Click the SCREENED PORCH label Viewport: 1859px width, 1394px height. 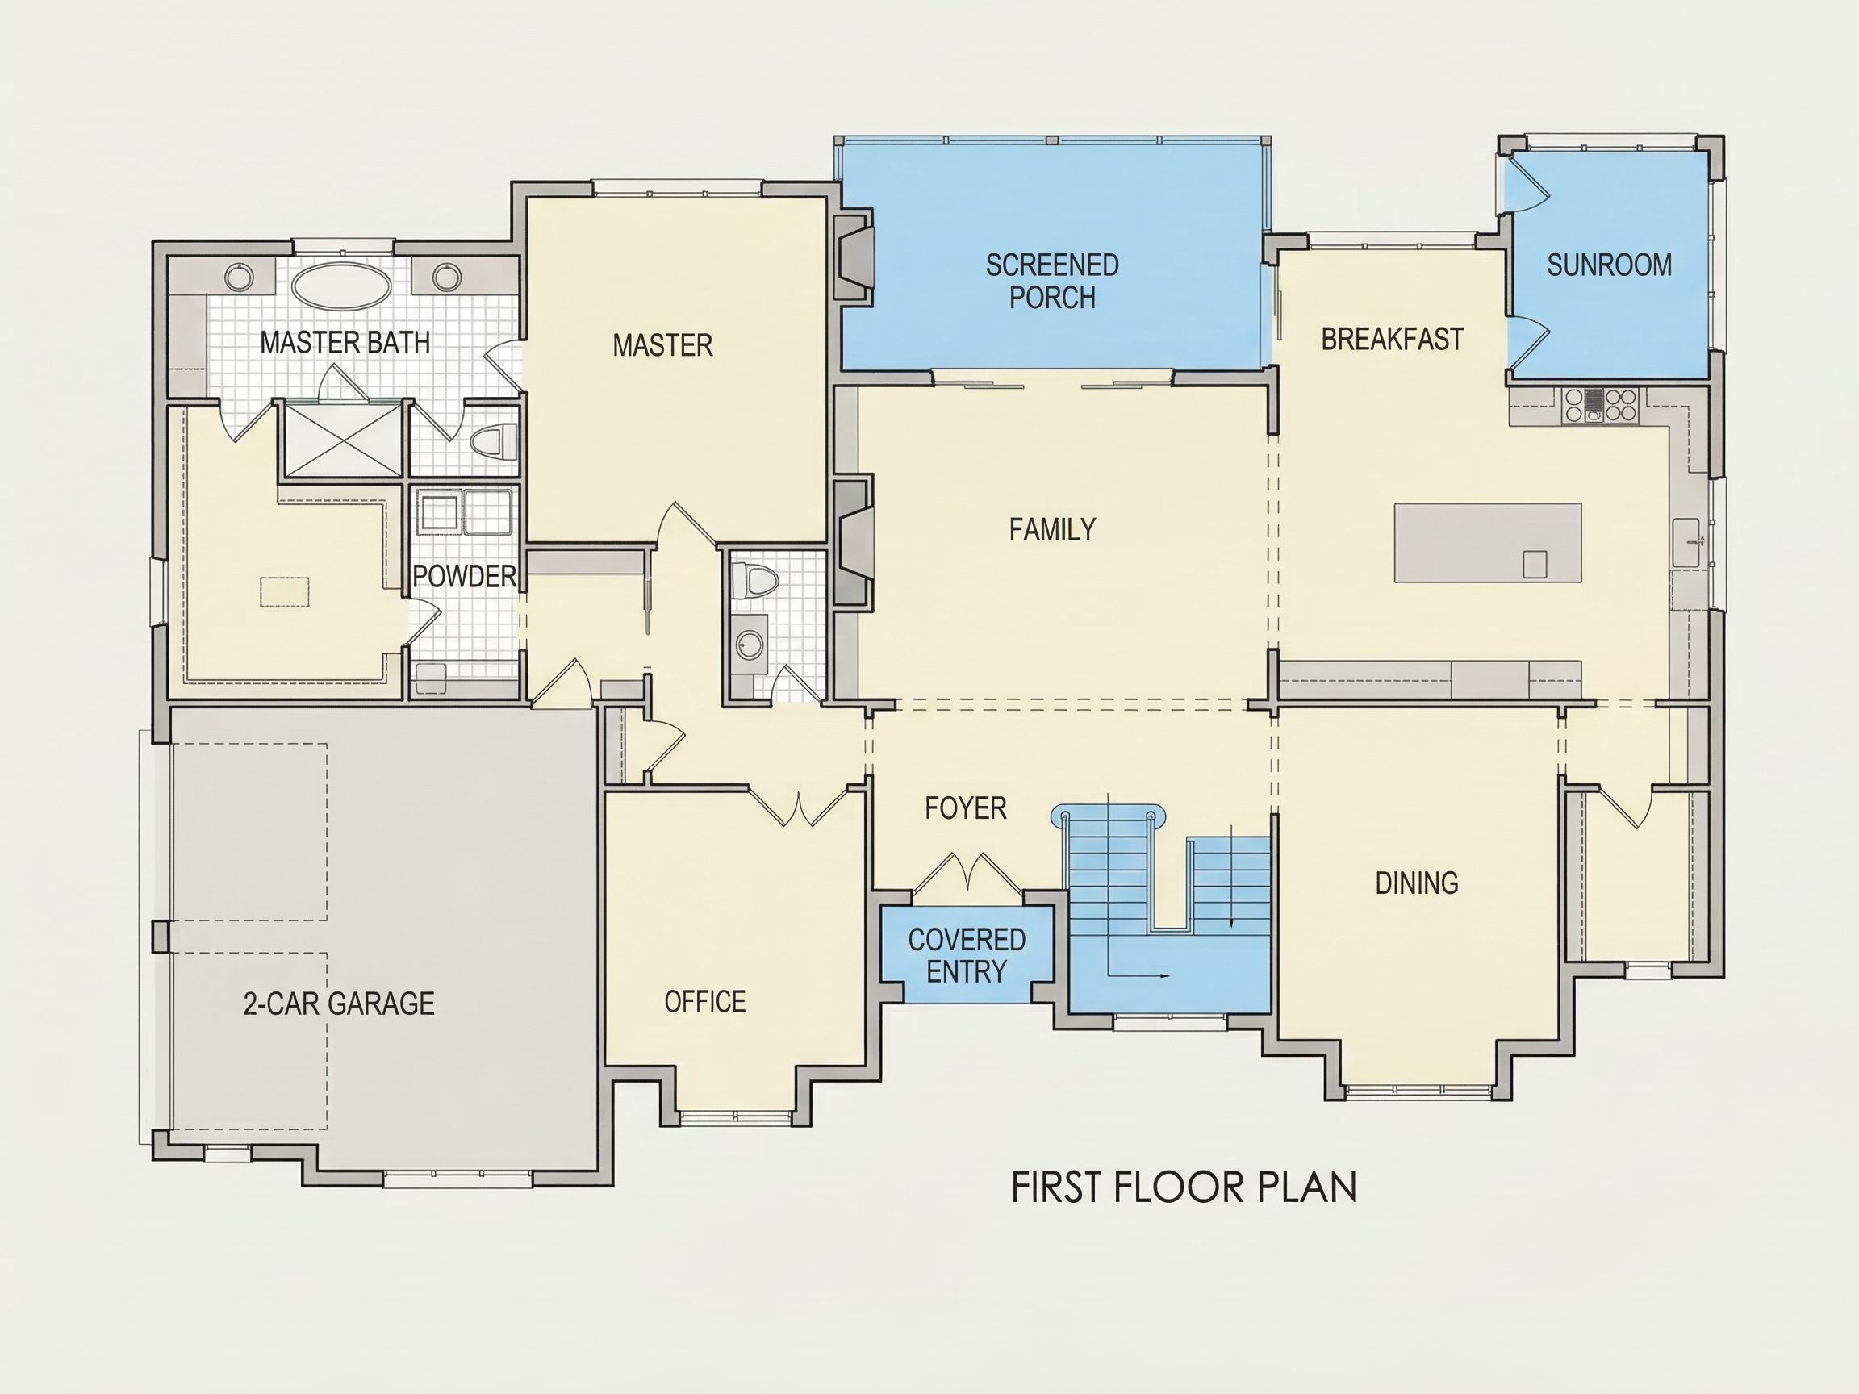pyautogui.click(x=1052, y=282)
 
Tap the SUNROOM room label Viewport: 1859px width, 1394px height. pyautogui.click(x=1610, y=265)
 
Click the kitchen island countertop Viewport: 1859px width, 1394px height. pyautogui.click(x=1488, y=543)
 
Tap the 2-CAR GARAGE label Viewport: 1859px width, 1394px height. pyautogui.click(x=339, y=1004)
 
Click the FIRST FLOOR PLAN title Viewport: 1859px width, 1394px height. pyautogui.click(x=1184, y=1187)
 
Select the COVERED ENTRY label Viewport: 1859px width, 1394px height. pyautogui.click(x=967, y=955)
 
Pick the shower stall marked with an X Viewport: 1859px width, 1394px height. pyautogui.click(x=343, y=440)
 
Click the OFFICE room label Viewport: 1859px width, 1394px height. pyautogui.click(x=705, y=1002)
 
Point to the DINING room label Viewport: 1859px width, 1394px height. pyautogui.click(x=1417, y=883)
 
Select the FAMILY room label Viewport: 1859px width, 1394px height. pyautogui.click(x=1052, y=529)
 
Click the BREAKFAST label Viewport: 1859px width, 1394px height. pyautogui.click(x=1393, y=339)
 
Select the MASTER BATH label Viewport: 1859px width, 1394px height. pyautogui.click(x=345, y=343)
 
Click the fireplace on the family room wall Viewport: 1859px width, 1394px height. pyautogui.click(x=853, y=541)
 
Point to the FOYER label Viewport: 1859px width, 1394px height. pyautogui.click(x=966, y=808)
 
